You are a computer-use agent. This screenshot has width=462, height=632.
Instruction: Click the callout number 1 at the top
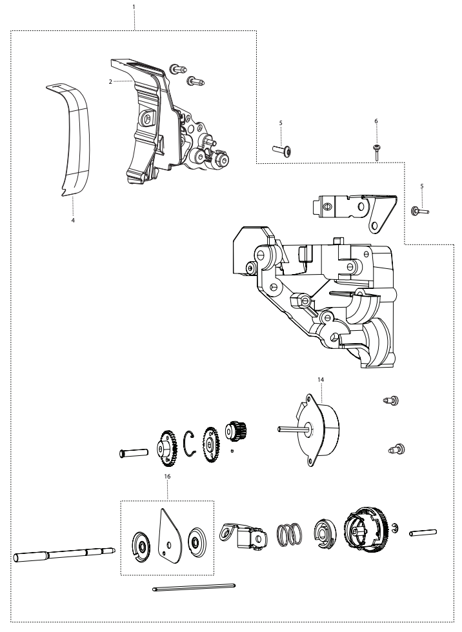click(134, 7)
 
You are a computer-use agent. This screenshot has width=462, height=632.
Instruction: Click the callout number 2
click(110, 81)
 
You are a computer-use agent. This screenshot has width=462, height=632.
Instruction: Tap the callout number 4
click(73, 221)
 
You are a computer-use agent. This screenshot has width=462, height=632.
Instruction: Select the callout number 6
click(376, 121)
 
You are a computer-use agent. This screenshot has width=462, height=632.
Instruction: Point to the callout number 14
click(321, 379)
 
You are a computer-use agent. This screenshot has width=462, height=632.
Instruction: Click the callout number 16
click(167, 477)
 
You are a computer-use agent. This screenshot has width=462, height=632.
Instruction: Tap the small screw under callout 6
click(376, 153)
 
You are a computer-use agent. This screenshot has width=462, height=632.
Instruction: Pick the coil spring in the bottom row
click(288, 535)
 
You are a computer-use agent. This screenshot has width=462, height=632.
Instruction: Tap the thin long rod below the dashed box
click(194, 588)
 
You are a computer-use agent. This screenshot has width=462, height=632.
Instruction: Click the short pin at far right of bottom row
click(423, 533)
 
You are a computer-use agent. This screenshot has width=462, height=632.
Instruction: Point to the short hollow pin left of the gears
click(131, 453)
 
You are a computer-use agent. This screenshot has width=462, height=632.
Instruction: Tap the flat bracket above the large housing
click(354, 210)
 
